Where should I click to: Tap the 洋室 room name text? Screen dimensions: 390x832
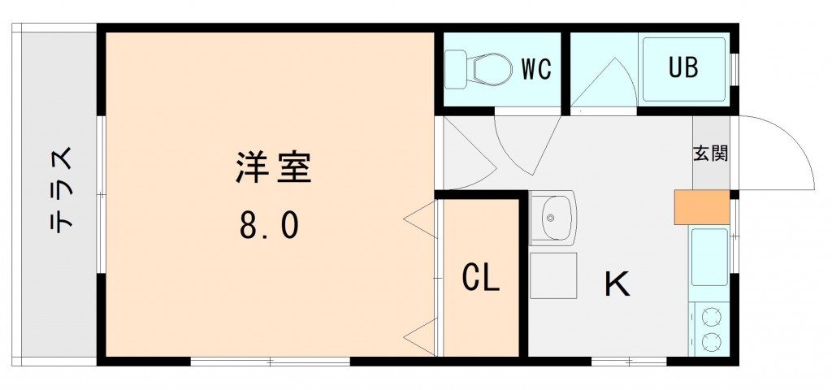coord(273,167)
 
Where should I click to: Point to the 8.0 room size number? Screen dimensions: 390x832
coord(270,225)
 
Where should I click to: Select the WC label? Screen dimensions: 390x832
coord(535,70)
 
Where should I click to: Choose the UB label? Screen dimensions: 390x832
coord(683,68)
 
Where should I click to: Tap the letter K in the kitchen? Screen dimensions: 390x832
coord(617,284)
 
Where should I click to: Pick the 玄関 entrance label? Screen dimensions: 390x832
coord(710,154)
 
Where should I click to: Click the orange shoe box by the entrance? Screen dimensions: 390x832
coord(701,207)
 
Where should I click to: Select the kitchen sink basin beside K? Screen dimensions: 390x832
coord(708,256)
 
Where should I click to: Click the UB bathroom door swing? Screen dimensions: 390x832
coord(605,85)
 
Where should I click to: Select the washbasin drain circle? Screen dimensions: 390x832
coord(551,218)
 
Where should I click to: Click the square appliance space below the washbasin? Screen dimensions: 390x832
coord(552,275)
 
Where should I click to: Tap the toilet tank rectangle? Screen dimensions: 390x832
coord(456,69)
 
